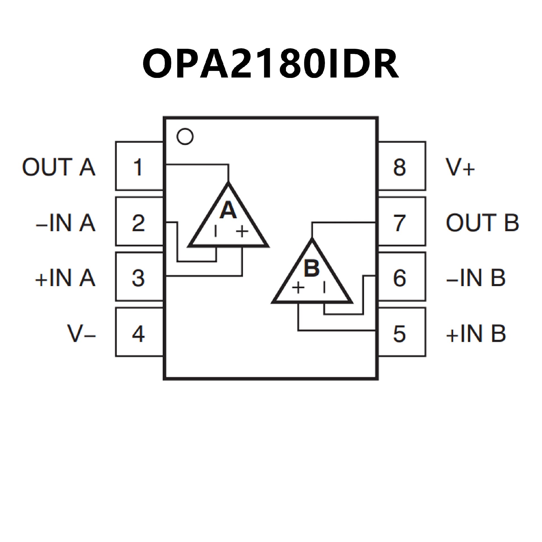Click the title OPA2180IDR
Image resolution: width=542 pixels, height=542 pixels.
click(x=270, y=64)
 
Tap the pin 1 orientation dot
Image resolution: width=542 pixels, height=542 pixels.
click(x=185, y=137)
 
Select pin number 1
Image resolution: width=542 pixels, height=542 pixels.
click(x=138, y=167)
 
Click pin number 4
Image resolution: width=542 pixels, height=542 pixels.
click(x=138, y=334)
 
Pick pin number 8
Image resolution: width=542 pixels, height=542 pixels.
click(x=399, y=167)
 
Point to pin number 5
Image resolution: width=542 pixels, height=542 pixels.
click(x=399, y=334)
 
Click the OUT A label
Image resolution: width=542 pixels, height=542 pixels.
click(x=59, y=167)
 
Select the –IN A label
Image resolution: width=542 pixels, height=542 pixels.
click(x=65, y=223)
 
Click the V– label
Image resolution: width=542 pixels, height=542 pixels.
click(x=81, y=334)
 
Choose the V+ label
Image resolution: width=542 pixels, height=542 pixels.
click(x=460, y=167)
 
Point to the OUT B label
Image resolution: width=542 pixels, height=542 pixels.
click(x=482, y=223)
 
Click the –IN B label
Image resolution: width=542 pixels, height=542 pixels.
click(x=476, y=278)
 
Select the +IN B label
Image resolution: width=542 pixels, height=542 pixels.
click(x=476, y=334)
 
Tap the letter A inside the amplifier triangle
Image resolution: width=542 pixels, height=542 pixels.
click(x=228, y=210)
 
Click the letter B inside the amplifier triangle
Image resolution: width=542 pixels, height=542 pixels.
click(x=312, y=268)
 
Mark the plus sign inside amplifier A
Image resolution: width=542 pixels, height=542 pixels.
click(x=242, y=231)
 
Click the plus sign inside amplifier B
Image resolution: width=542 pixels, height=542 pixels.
click(x=298, y=288)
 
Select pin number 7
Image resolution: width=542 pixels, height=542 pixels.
click(x=399, y=223)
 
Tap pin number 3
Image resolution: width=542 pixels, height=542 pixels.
click(x=138, y=278)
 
